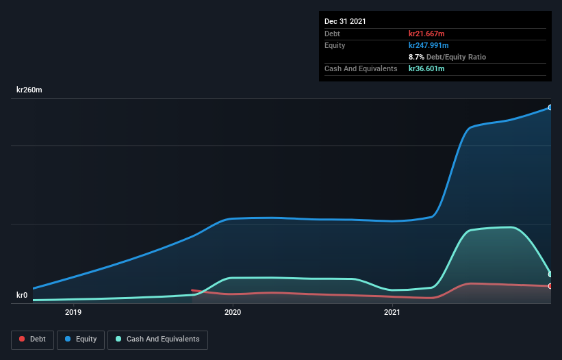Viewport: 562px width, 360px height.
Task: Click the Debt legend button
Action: click(x=31, y=339)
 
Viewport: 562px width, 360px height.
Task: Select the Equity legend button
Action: click(x=80, y=339)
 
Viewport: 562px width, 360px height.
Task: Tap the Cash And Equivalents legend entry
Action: click(x=157, y=339)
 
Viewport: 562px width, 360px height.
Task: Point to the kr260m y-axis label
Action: click(x=30, y=90)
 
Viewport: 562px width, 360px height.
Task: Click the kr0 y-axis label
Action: click(x=22, y=296)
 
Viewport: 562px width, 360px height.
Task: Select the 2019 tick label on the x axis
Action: click(x=73, y=313)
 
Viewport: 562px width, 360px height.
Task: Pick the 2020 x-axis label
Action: click(x=233, y=313)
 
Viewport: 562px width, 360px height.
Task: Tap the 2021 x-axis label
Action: click(x=392, y=313)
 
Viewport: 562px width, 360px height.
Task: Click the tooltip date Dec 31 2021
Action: click(x=345, y=21)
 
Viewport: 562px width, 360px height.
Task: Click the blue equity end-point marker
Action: click(x=550, y=107)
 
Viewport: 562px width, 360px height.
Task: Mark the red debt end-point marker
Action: click(x=550, y=286)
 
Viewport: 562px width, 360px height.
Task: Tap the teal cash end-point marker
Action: click(x=550, y=274)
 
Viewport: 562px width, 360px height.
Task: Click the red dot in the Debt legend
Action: click(x=23, y=339)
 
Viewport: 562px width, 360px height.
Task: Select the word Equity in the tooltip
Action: click(x=335, y=45)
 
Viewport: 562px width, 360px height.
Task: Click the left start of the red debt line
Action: click(x=192, y=290)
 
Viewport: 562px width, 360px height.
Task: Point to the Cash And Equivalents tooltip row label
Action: click(x=361, y=68)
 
